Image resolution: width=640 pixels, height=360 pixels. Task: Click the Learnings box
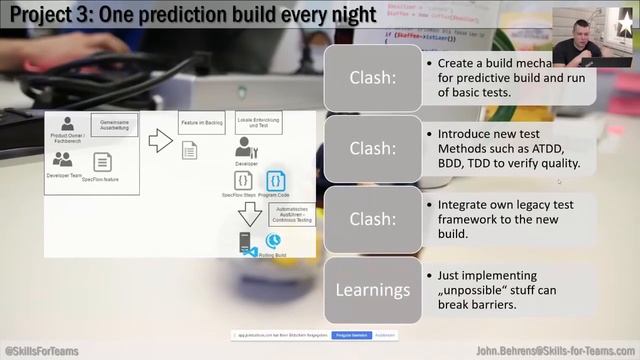372,291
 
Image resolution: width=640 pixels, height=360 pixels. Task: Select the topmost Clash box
372,78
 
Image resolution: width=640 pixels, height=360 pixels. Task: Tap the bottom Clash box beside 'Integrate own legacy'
372,220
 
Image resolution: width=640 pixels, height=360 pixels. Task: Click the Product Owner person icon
68,124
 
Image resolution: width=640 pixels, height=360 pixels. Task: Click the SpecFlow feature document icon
101,161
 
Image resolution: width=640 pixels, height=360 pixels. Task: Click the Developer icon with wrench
246,148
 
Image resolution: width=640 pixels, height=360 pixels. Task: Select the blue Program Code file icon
276,181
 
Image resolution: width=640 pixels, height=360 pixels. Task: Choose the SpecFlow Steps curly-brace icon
243,181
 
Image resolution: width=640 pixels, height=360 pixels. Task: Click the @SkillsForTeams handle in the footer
41,351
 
